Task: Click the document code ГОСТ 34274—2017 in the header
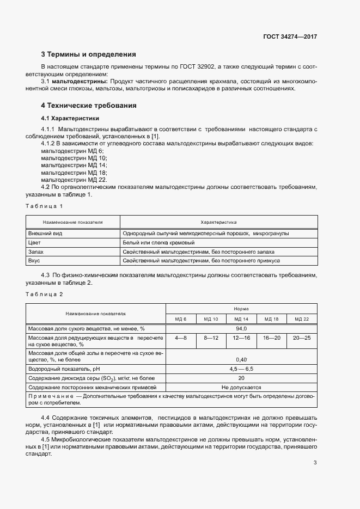290,37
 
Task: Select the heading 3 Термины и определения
88,54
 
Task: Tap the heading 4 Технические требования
89,105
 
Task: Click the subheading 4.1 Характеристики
70,118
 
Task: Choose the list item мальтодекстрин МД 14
74,164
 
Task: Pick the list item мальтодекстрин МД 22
74,179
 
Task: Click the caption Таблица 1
45,206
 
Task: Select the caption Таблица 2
45,294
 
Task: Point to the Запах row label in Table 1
36,252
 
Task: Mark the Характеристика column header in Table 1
218,222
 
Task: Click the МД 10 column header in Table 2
211,318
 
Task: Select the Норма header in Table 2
241,308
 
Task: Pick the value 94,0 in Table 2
241,328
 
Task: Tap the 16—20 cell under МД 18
271,338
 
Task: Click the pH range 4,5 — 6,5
241,369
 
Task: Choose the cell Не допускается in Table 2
241,387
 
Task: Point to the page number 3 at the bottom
315,463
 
